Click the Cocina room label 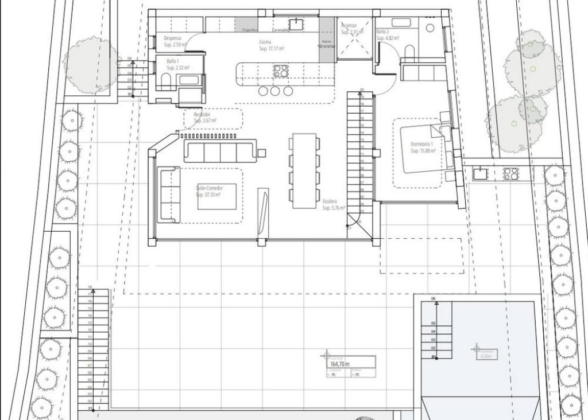click(265, 42)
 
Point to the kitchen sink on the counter click(296, 24)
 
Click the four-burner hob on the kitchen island click(280, 71)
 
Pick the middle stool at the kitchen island click(274, 91)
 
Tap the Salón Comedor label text click(208, 188)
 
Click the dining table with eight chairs click(303, 170)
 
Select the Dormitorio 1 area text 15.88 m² click(423, 150)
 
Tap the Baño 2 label click(383, 32)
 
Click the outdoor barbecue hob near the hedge click(510, 173)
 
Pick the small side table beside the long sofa click(261, 153)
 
